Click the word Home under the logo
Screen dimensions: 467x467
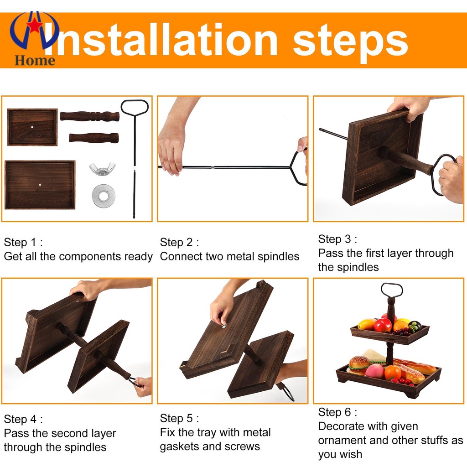[x=35, y=61]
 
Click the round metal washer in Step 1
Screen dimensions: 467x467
[x=104, y=196]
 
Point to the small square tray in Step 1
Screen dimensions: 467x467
[x=32, y=127]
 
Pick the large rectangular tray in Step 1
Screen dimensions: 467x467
[x=40, y=185]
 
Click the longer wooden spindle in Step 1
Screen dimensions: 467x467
[x=90, y=116]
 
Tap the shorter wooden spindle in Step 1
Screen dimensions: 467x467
[x=94, y=138]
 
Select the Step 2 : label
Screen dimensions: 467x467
[x=179, y=242]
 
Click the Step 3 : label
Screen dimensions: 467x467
[x=337, y=239]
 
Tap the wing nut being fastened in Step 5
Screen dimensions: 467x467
[x=223, y=326]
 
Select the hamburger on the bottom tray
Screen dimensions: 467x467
[x=359, y=365]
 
